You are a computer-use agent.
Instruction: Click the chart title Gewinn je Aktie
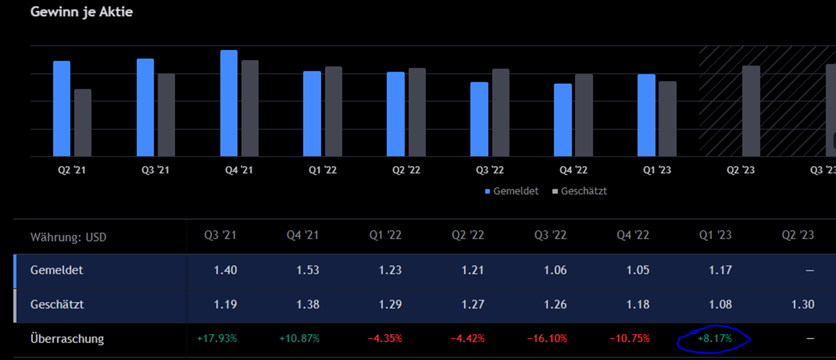click(x=81, y=12)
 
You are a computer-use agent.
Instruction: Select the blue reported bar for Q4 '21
click(x=229, y=103)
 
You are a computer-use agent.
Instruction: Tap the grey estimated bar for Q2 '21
click(x=83, y=122)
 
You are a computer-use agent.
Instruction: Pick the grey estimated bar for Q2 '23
click(x=751, y=111)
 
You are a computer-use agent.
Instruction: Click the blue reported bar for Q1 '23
click(x=646, y=115)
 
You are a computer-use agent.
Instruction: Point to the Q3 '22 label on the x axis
click(x=489, y=170)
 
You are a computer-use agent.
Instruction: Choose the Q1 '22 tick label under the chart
click(x=322, y=170)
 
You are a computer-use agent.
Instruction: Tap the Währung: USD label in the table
click(x=68, y=237)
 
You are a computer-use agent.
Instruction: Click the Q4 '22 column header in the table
click(x=632, y=235)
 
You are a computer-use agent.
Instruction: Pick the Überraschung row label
click(x=67, y=338)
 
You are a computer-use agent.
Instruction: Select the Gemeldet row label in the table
click(x=56, y=270)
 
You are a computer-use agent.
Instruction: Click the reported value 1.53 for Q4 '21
click(x=307, y=270)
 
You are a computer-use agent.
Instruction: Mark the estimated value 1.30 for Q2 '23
click(x=802, y=304)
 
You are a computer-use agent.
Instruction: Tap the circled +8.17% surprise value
click(x=714, y=338)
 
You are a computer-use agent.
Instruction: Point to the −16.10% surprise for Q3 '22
click(x=547, y=338)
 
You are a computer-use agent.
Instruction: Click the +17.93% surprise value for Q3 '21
click(x=217, y=338)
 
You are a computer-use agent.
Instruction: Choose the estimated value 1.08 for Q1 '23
click(x=720, y=304)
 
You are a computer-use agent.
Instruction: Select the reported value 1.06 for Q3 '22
click(x=555, y=270)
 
